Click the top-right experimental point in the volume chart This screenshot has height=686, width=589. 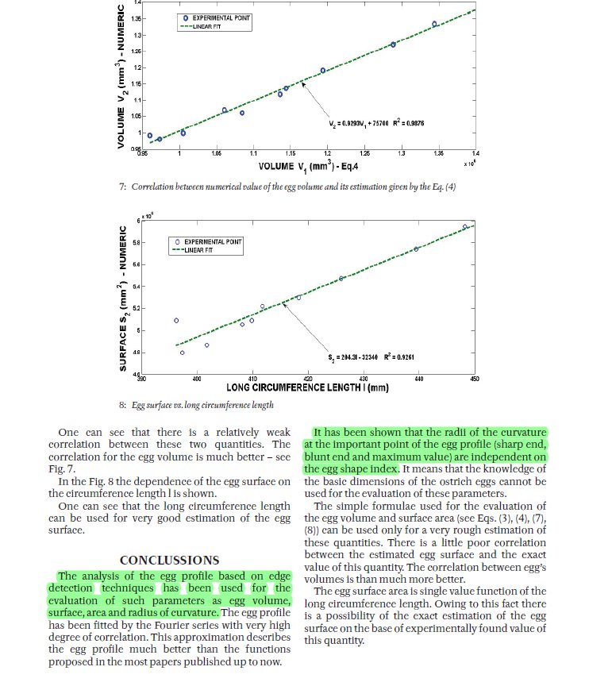click(434, 24)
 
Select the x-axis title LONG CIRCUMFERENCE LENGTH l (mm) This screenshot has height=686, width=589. click(307, 388)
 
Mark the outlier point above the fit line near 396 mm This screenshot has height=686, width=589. click(176, 321)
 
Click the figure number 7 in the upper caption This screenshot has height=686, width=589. click(123, 187)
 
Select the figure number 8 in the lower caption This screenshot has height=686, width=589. click(123, 405)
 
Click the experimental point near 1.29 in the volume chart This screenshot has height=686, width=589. click(393, 44)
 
